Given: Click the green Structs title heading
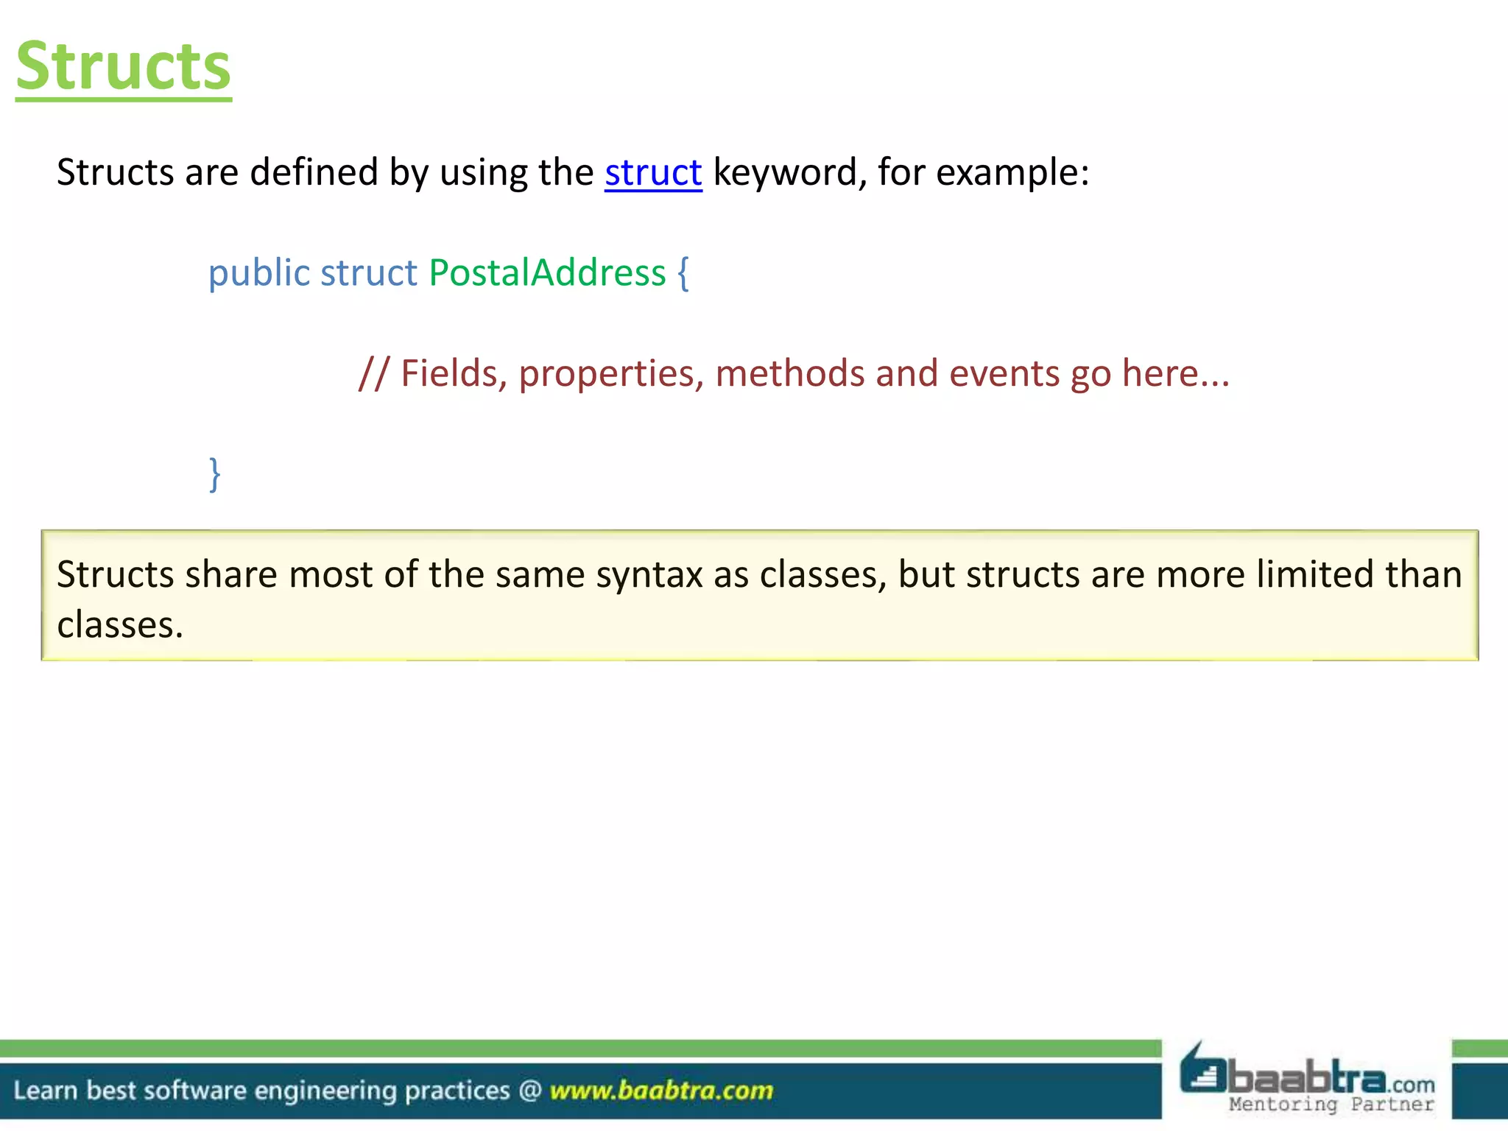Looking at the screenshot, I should click(124, 66).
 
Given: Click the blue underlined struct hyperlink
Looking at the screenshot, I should click(653, 173).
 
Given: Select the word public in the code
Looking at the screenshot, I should click(258, 273).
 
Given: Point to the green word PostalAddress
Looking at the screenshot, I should click(547, 273).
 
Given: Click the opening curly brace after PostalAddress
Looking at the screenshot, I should click(683, 273).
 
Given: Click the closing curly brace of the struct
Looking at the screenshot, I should click(214, 474).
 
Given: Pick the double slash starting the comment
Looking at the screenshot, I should click(373, 374).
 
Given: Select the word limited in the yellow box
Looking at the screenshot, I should click(1315, 575).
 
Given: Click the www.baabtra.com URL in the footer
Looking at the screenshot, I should click(661, 1091).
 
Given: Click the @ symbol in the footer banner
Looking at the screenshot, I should click(530, 1091).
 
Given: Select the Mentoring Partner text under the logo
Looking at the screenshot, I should click(1331, 1104).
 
